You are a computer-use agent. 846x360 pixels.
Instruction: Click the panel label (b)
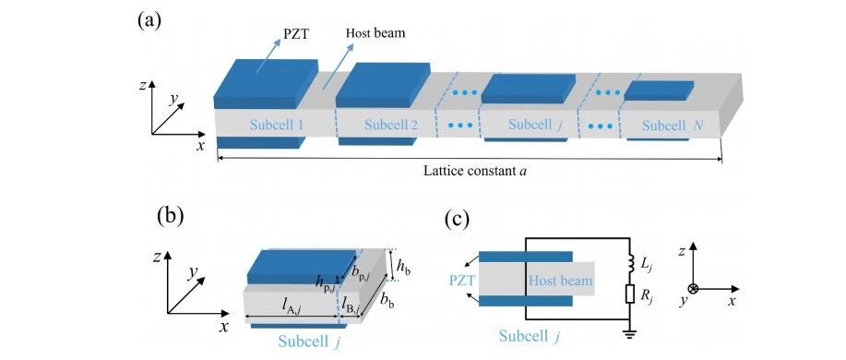point(171,215)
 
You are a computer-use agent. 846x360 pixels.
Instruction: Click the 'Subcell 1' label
point(276,126)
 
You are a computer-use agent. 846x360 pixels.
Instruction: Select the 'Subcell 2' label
point(391,126)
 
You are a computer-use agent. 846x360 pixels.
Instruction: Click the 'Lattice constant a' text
point(475,171)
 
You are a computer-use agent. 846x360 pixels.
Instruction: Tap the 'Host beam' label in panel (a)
point(375,33)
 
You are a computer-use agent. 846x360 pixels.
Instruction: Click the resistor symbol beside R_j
point(629,294)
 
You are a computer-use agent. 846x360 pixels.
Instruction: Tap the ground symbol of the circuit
point(629,333)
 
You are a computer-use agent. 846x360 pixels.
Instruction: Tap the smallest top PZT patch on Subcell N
point(659,90)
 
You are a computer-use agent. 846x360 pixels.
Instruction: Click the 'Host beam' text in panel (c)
point(560,281)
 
